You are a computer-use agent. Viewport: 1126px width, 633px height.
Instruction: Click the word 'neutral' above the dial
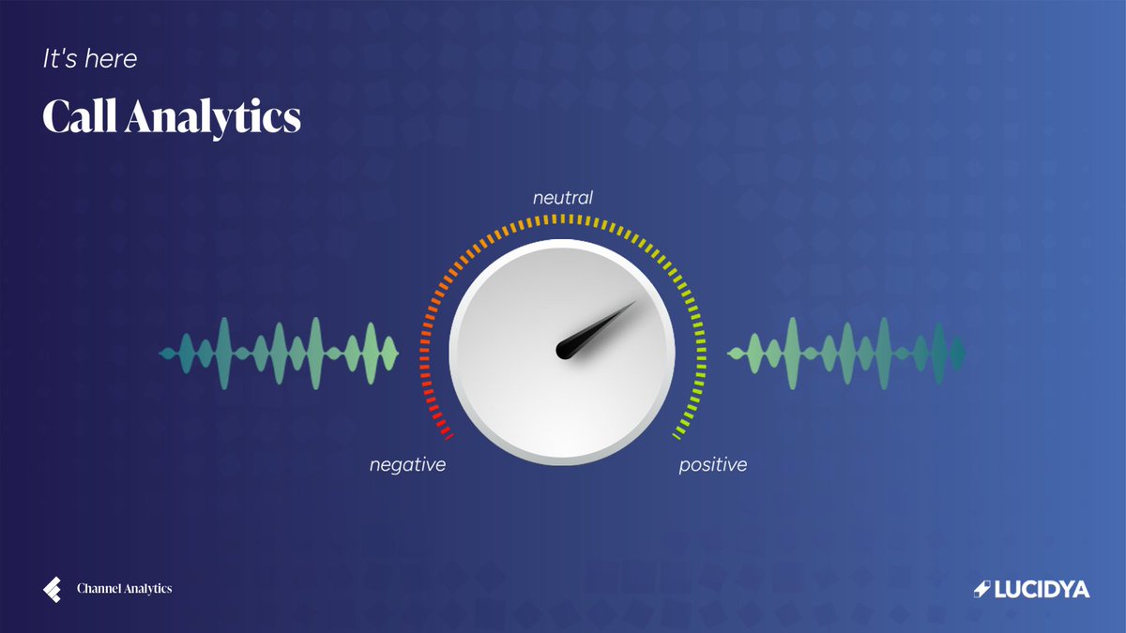[x=563, y=198]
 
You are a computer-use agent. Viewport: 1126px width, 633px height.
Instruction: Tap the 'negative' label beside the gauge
[x=407, y=464]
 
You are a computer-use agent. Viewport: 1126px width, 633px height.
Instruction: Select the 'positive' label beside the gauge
[x=713, y=464]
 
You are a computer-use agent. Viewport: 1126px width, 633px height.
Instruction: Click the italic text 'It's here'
[x=90, y=59]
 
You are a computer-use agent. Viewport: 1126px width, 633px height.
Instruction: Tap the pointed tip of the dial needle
[x=635, y=302]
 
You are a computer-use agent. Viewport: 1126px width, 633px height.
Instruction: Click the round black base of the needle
[x=567, y=350]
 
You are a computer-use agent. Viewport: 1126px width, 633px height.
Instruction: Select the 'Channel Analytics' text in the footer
[x=124, y=589]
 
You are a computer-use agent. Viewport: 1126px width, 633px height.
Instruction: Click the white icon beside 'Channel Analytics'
[x=52, y=589]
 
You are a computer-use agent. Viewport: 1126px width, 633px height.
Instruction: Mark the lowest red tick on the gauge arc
[x=448, y=435]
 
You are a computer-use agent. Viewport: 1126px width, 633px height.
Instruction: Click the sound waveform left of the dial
[x=280, y=353]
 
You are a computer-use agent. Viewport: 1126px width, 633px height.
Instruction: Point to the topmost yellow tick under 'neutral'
[x=562, y=219]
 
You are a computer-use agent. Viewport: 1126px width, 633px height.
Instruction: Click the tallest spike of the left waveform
[x=224, y=353]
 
